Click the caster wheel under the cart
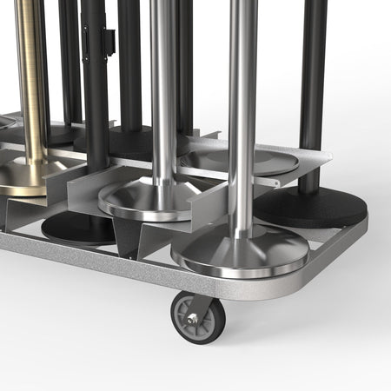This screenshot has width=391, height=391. coord(198,317)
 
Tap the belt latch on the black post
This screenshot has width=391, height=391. coord(109,39)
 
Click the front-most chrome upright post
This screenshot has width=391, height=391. coord(242,113)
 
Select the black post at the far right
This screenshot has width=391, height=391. coord(312,87)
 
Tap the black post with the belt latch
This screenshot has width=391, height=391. coord(94,87)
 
